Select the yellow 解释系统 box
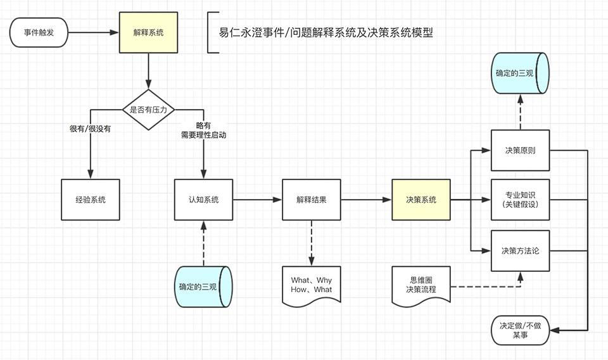click(x=148, y=32)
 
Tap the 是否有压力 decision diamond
click(x=148, y=110)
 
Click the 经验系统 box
click(x=90, y=200)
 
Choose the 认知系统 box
click(x=203, y=200)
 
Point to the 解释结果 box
click(x=312, y=200)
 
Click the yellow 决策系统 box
click(x=421, y=200)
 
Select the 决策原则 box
click(x=520, y=151)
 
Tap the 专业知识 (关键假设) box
click(x=520, y=200)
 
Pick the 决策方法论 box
click(x=520, y=250)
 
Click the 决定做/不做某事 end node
click(x=520, y=330)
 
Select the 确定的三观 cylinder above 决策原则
click(x=520, y=73)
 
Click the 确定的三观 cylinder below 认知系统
click(x=203, y=287)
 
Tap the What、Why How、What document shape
click(x=312, y=285)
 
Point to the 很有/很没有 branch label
click(x=90, y=129)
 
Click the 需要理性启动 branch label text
click(x=203, y=135)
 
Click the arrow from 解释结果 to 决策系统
click(x=366, y=200)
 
